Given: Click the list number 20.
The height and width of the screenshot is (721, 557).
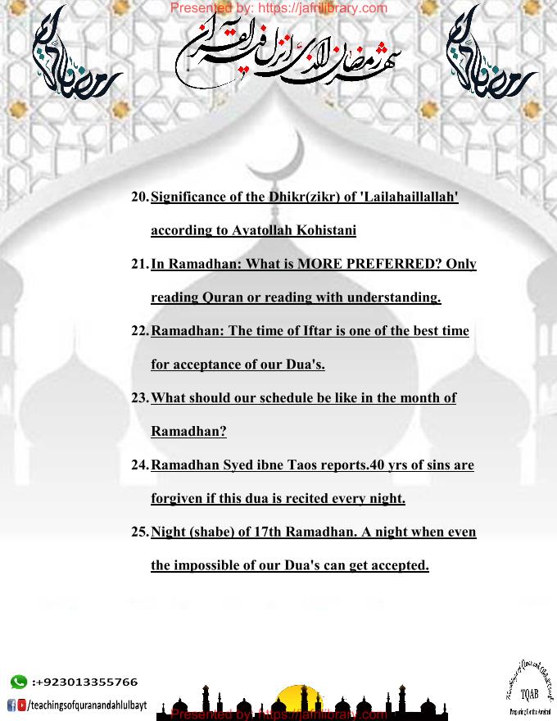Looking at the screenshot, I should coord(140,197).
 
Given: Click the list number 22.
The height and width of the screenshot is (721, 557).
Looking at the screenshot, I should coord(140,331).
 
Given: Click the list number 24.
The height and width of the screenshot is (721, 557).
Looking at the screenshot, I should coord(140,465).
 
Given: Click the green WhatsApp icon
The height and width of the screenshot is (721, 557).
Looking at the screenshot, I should coord(18,682).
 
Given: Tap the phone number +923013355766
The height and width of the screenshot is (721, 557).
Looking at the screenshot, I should coord(85,682).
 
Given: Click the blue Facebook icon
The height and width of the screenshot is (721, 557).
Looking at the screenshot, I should coord(11,704).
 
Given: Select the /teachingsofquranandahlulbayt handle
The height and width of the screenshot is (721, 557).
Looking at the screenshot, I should coord(88,705).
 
